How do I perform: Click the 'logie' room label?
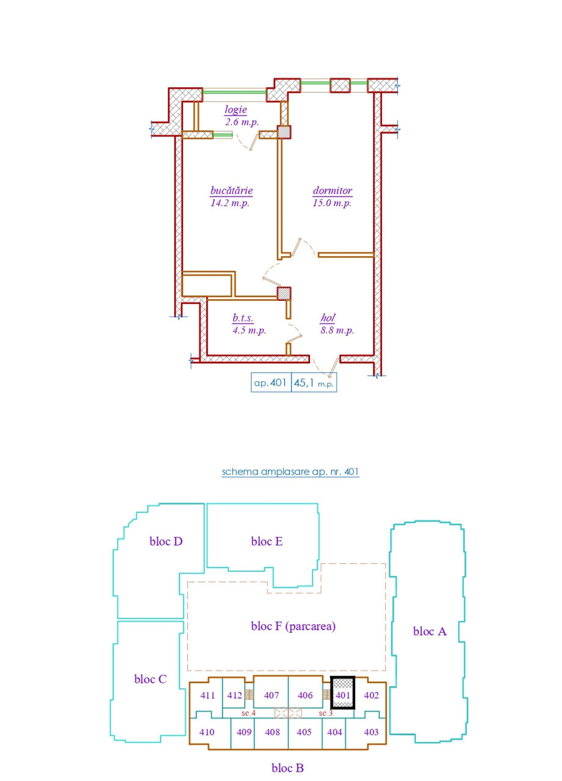pyautogui.click(x=236, y=110)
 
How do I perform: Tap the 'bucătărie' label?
pyautogui.click(x=231, y=191)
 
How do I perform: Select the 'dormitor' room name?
pyautogui.click(x=333, y=191)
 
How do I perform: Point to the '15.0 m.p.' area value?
pyautogui.click(x=332, y=203)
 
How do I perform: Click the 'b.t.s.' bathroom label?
pyautogui.click(x=243, y=318)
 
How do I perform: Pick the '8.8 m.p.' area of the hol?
pyautogui.click(x=337, y=330)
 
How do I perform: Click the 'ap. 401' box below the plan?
pyautogui.click(x=271, y=383)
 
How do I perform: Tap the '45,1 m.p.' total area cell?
pyautogui.click(x=314, y=383)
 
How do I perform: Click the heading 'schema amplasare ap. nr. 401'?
pyautogui.click(x=290, y=472)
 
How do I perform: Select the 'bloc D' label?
pyautogui.click(x=166, y=541)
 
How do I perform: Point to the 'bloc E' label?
pyautogui.click(x=267, y=541)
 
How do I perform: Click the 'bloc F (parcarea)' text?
pyautogui.click(x=293, y=626)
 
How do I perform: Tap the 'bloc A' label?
pyautogui.click(x=430, y=631)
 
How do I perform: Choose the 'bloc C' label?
pyautogui.click(x=150, y=679)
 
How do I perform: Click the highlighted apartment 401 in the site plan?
pyautogui.click(x=343, y=693)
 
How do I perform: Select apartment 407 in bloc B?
pyautogui.click(x=272, y=695)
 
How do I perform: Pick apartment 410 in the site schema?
pyautogui.click(x=207, y=732)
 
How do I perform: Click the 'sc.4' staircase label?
pyautogui.click(x=248, y=713)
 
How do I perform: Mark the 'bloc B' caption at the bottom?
pyautogui.click(x=287, y=768)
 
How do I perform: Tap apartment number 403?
pyautogui.click(x=371, y=732)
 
